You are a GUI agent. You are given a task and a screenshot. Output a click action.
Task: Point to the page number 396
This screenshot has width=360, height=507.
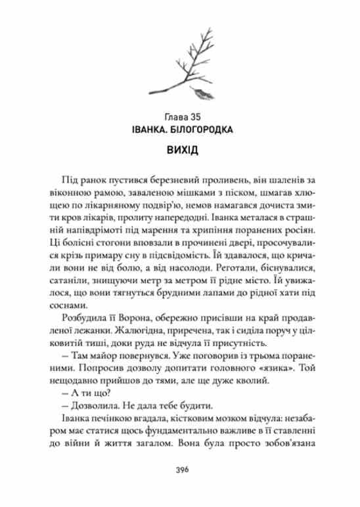coord(179,470)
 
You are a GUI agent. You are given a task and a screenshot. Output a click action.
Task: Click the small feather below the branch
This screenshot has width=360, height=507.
coord(196,92)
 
